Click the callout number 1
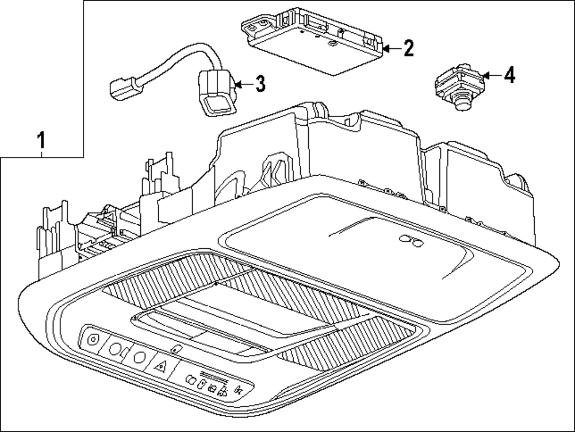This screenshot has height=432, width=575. point(40,140)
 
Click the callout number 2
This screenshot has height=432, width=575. point(408,48)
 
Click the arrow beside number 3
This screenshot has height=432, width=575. point(243,85)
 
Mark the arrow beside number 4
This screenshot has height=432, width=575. point(491,75)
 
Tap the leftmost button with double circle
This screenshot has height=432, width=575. point(92,339)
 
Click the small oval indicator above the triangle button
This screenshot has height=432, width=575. point(177,348)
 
